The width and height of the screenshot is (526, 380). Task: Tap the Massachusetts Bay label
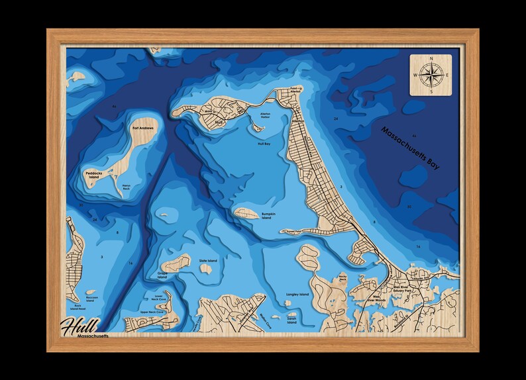point(410,149)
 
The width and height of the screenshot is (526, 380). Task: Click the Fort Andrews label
point(143,128)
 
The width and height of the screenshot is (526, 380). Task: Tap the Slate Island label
point(208,261)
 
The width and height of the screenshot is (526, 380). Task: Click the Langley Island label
point(297,294)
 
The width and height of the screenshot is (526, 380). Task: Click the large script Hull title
point(79,326)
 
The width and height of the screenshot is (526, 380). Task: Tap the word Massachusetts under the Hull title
point(93,338)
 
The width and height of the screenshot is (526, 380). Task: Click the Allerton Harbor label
point(260,115)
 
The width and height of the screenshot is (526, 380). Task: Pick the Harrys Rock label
point(131,187)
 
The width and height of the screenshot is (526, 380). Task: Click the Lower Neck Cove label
point(158,298)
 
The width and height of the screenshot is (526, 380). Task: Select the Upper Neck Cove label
point(152,311)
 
